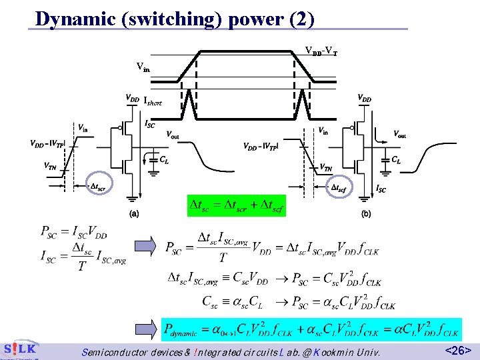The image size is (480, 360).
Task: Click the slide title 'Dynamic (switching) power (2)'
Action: [175, 18]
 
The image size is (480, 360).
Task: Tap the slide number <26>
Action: [458, 349]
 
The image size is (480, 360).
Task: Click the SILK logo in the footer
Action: [20, 349]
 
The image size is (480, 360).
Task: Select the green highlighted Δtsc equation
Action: [237, 206]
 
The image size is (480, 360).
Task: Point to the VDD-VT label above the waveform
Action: [321, 51]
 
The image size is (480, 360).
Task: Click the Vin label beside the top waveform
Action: [143, 66]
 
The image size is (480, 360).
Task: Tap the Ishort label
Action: [152, 101]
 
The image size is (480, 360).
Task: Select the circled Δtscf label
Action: [339, 188]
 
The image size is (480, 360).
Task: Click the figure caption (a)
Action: [133, 214]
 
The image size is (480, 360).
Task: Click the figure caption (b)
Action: [366, 214]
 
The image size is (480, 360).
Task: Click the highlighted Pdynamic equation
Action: [311, 327]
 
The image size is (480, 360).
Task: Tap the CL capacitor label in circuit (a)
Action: [164, 160]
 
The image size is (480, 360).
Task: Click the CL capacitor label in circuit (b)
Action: [396, 160]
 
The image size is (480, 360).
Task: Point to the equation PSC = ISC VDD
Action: [73, 233]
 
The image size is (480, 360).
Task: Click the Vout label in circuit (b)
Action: [399, 135]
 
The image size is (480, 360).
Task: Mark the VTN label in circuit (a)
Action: [50, 166]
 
